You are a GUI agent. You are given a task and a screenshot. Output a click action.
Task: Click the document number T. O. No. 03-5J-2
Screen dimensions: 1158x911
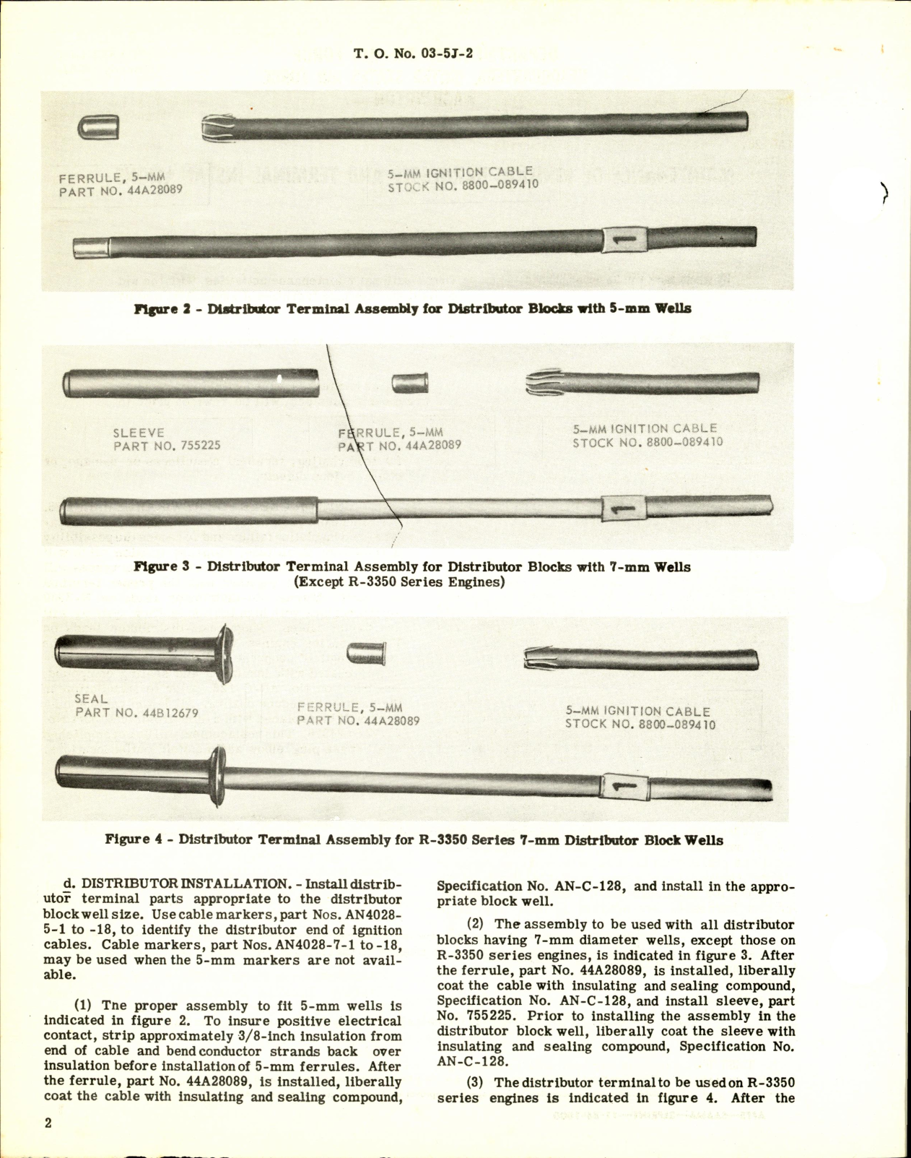click(413, 53)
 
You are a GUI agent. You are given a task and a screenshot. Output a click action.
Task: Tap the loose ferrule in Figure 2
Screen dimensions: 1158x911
click(98, 128)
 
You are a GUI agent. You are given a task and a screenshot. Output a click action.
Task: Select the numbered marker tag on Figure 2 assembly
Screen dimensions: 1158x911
click(624, 239)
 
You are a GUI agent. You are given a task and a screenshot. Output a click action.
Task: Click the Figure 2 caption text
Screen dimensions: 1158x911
click(412, 309)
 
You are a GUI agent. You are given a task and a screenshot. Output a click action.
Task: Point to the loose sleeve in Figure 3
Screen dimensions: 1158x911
click(191, 383)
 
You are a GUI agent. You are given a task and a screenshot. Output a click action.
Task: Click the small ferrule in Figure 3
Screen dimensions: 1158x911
click(410, 383)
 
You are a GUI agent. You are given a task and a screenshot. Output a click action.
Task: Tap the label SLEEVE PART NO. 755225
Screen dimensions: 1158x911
click(166, 439)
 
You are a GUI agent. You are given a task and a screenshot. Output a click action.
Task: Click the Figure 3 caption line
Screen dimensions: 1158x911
click(412, 567)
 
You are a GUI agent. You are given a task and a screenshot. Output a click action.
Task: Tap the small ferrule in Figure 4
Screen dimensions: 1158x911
click(366, 654)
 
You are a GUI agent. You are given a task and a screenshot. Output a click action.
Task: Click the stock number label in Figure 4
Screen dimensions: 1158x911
click(640, 725)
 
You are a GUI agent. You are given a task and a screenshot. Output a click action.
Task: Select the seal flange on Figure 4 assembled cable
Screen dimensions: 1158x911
click(217, 775)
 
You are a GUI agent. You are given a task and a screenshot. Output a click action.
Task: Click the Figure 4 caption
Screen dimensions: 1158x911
click(414, 840)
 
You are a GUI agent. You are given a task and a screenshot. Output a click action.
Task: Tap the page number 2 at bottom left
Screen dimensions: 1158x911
click(48, 1123)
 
